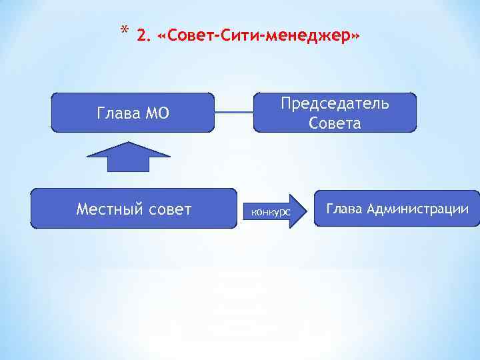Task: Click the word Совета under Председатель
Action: (x=335, y=123)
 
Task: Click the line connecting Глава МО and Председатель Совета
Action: (x=234, y=112)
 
